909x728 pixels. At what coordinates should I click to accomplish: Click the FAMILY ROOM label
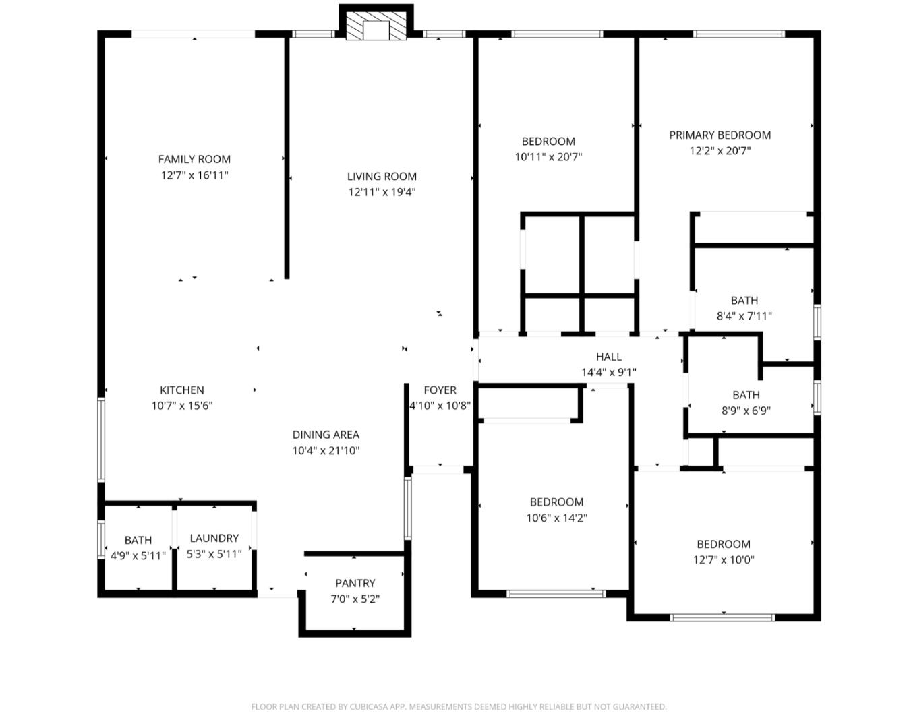(x=194, y=159)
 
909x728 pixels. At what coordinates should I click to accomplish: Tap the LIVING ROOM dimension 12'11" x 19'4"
(x=382, y=192)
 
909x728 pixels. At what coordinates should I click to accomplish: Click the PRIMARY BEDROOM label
(x=720, y=135)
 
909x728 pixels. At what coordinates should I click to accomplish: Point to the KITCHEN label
(x=182, y=390)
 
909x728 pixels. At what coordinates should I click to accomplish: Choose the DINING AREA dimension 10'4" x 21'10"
(x=326, y=451)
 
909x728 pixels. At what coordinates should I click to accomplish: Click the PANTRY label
(x=355, y=583)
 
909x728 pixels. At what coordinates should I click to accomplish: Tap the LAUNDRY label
(x=214, y=538)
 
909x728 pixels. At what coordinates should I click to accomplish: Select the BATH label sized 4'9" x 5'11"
(x=138, y=540)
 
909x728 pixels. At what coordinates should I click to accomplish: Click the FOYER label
(x=440, y=390)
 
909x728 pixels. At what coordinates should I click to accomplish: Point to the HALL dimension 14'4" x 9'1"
(x=609, y=372)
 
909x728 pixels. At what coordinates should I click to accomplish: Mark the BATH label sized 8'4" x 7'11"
(x=744, y=300)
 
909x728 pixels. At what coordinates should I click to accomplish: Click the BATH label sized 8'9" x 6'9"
(x=746, y=394)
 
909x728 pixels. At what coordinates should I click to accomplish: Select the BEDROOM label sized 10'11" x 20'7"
(x=548, y=141)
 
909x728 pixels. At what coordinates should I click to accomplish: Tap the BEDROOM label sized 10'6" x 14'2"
(x=556, y=502)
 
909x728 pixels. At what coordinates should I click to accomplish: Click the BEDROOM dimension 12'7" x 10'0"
(x=724, y=560)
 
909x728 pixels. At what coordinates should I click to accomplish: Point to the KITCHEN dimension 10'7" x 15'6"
(x=182, y=406)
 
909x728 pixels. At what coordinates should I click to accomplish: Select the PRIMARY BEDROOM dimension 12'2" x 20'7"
(x=720, y=151)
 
